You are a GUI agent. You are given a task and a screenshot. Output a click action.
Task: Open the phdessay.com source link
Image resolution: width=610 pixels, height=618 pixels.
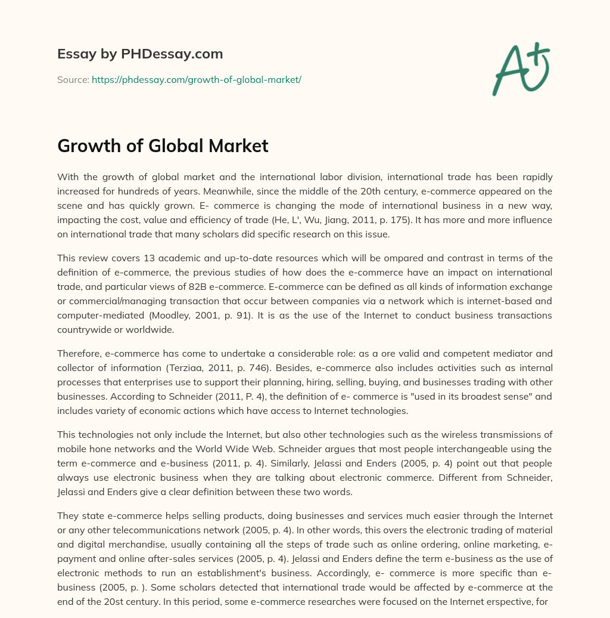point(197,79)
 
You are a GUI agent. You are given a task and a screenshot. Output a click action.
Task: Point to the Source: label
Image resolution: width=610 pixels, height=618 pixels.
point(73,79)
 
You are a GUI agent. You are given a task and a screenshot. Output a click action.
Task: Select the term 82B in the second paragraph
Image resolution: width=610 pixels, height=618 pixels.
point(241,286)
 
